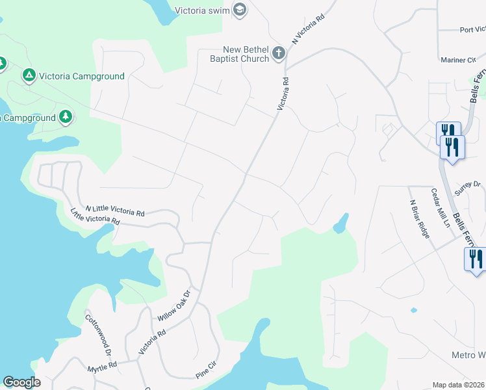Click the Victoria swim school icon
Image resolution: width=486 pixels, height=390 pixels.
[x=240, y=10]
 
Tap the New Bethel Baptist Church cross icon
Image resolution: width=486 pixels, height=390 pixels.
[x=279, y=53]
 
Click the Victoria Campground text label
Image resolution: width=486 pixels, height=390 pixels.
[x=81, y=76]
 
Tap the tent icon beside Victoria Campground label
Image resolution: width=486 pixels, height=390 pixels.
[x=29, y=76]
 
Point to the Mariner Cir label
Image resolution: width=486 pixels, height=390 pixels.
[x=458, y=60]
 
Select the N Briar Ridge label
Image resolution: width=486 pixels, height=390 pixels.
[x=419, y=218]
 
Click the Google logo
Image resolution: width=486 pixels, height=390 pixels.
[x=21, y=382]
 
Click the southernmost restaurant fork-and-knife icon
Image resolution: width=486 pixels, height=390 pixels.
[x=476, y=260]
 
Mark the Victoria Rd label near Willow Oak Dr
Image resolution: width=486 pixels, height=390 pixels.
[x=152, y=341]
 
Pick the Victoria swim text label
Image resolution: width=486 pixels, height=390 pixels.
[x=203, y=10]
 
